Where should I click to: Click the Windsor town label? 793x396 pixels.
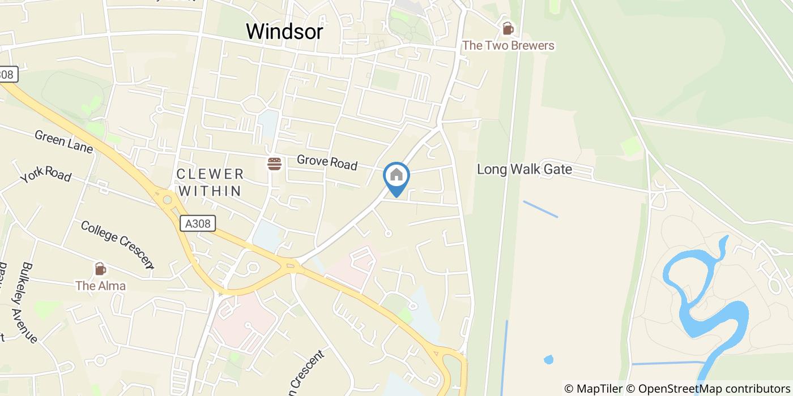[284, 32]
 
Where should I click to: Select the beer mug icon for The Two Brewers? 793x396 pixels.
[508, 28]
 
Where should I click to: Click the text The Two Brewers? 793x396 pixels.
[508, 45]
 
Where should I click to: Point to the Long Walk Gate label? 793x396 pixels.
[524, 169]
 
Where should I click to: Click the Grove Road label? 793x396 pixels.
[327, 162]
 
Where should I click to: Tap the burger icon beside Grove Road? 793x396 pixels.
[275, 164]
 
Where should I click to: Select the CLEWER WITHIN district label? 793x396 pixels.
[210, 182]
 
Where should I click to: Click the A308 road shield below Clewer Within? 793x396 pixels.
[198, 223]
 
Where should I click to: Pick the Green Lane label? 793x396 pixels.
[63, 141]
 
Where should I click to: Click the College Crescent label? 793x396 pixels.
[117, 243]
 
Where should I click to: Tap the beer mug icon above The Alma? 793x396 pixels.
[100, 269]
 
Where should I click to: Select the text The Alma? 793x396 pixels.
[101, 286]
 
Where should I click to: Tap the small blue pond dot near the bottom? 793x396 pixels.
[548, 359]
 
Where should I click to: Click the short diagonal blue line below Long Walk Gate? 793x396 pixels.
[540, 209]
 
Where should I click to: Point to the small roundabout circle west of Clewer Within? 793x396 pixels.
[167, 199]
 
